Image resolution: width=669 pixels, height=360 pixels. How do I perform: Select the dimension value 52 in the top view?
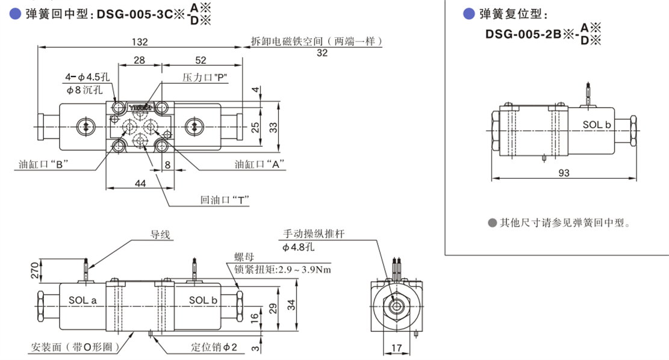tap(201, 60)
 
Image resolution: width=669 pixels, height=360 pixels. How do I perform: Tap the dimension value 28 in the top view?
tap(139, 60)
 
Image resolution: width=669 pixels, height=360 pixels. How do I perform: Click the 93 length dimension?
tap(564, 173)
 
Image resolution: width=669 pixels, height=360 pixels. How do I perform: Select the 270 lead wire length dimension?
tap(34, 272)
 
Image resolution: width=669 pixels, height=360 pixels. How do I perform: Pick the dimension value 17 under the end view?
tap(396, 347)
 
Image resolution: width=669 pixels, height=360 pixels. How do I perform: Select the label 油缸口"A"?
tap(260, 163)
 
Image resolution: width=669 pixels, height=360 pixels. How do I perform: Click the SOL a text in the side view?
tap(82, 300)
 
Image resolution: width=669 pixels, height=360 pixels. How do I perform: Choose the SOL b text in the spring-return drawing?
tap(596, 125)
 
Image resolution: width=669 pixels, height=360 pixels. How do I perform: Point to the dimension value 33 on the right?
tap(272, 126)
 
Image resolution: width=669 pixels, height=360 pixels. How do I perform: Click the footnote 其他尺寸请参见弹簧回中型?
tap(564, 223)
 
